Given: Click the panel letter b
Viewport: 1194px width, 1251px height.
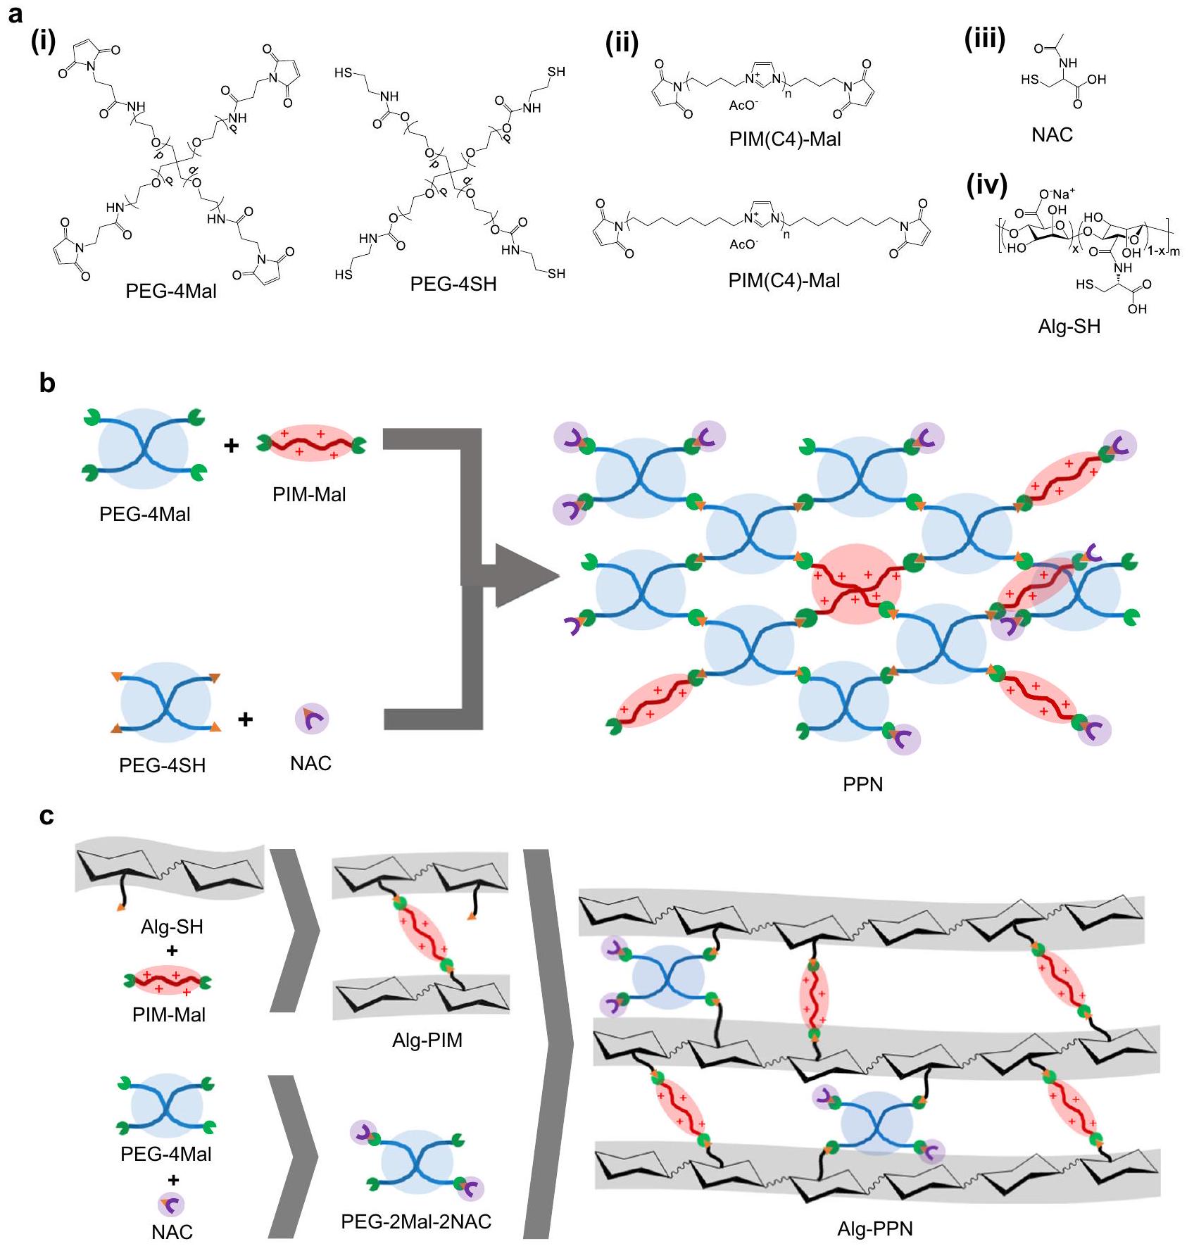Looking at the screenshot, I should click(46, 383).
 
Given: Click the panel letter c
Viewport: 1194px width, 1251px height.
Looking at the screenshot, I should click(46, 815).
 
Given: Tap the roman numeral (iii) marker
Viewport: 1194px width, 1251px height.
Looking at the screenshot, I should click(984, 39).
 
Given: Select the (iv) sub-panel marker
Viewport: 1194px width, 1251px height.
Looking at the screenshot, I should click(987, 185).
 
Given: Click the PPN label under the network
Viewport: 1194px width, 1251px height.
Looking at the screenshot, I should click(862, 784).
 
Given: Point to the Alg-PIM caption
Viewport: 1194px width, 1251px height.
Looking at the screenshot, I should click(427, 1040).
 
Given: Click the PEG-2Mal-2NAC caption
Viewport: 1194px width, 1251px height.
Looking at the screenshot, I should click(416, 1221).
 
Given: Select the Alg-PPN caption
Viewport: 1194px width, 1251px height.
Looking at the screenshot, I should click(874, 1228).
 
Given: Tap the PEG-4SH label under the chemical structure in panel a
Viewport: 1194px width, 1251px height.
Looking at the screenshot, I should click(453, 284).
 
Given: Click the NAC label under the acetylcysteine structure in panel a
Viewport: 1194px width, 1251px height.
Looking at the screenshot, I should click(1052, 134).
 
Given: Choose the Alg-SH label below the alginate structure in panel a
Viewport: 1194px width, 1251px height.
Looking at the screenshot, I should click(1069, 326).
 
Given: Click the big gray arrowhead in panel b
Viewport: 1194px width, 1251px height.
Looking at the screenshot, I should click(524, 575).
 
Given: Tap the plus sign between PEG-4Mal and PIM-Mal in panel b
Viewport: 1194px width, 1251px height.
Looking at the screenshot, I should click(231, 445).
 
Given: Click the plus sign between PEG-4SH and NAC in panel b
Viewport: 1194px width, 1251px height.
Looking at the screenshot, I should click(245, 719).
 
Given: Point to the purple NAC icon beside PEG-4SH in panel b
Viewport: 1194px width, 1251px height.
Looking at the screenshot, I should click(311, 719).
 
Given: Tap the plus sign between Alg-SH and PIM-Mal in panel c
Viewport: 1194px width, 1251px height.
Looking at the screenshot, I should click(171, 951).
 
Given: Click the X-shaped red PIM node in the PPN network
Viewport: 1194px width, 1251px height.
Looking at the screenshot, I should click(855, 584).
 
